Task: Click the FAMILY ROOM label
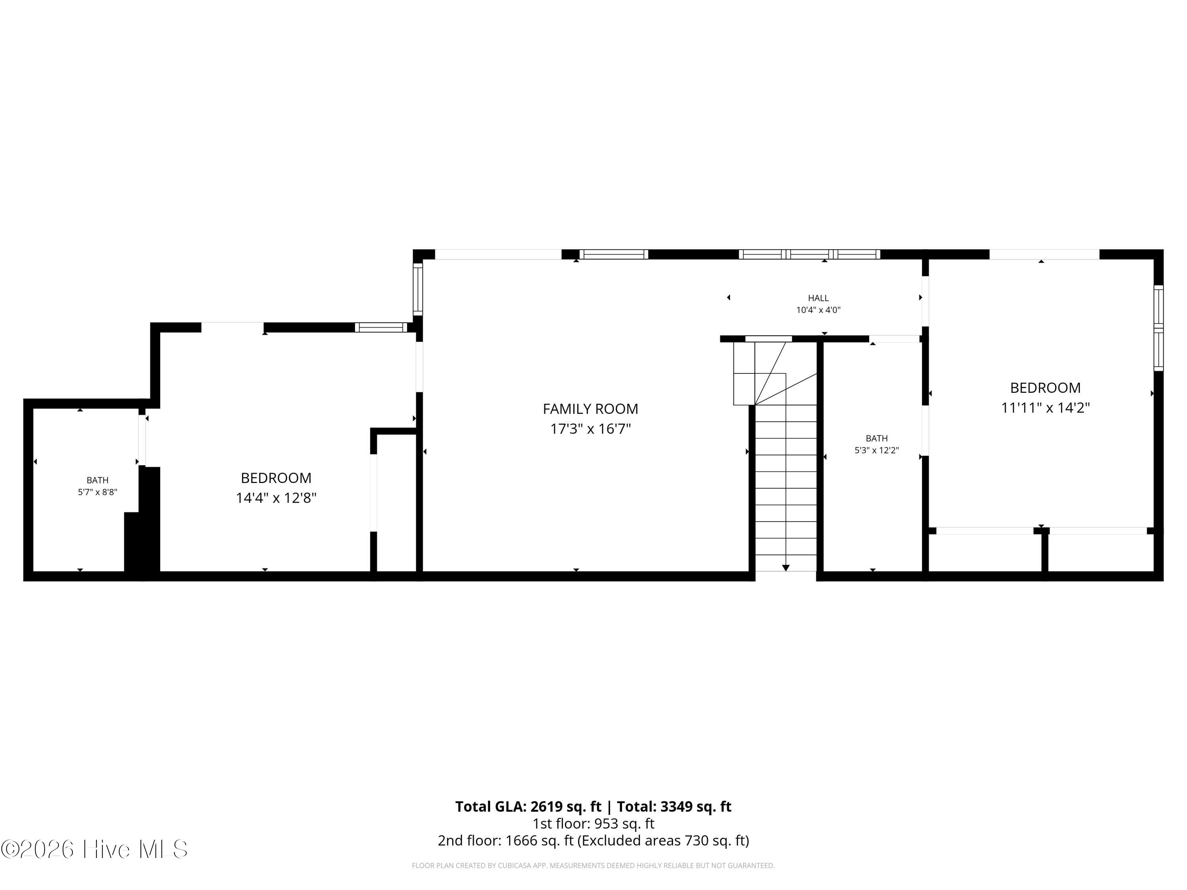point(590,409)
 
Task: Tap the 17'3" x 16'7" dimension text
point(590,429)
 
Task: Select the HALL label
point(818,298)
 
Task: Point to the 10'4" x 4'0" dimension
point(818,310)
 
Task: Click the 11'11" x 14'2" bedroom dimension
point(1045,408)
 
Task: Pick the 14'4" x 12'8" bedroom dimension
point(276,498)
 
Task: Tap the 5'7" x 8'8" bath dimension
point(98,492)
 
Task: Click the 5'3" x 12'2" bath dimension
point(877,451)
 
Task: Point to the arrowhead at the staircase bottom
point(786,568)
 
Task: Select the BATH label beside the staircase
point(877,438)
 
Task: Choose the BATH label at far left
point(98,480)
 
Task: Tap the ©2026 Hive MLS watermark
point(95,849)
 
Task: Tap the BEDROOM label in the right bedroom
point(1045,388)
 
